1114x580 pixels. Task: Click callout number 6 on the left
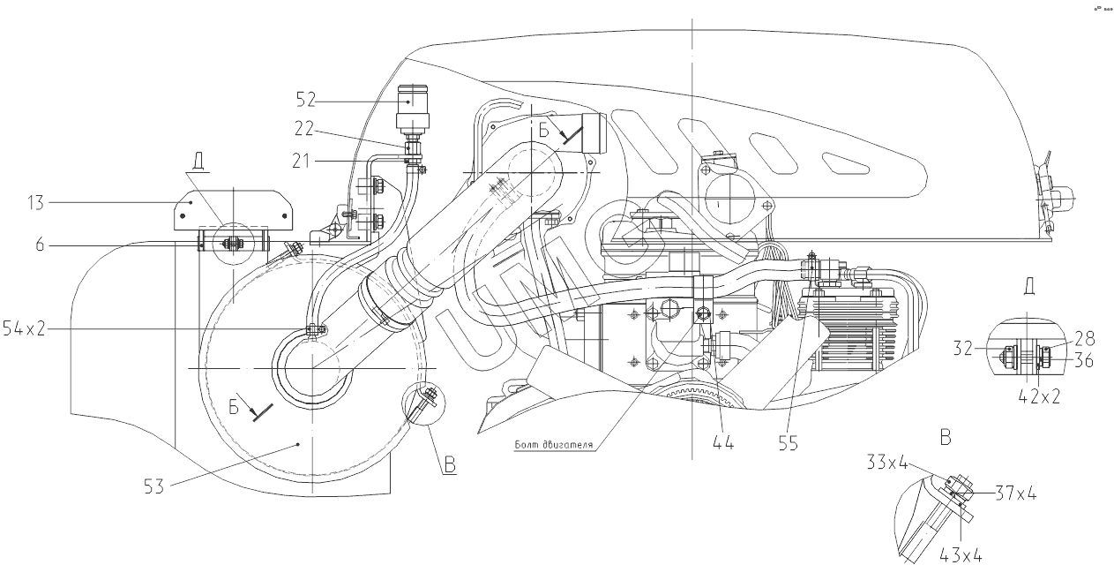coord(41,245)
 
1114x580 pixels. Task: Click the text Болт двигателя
coord(553,444)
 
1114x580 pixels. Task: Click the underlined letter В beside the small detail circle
coord(450,465)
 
